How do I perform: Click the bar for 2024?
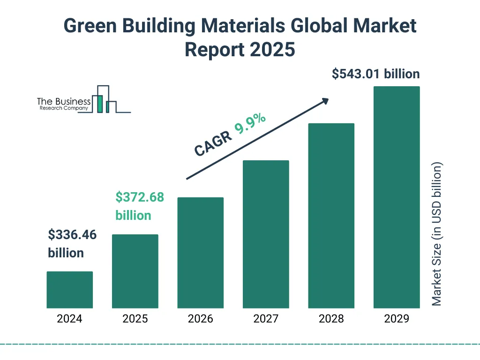(x=69, y=290)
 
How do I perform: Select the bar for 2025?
(x=135, y=271)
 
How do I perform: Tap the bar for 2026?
(x=200, y=253)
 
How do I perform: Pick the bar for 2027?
(x=266, y=234)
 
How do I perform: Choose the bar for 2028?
(x=331, y=216)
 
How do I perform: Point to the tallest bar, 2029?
(x=397, y=197)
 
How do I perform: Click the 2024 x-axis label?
(x=69, y=319)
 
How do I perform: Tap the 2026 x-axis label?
(x=200, y=319)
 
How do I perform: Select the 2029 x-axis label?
(x=397, y=319)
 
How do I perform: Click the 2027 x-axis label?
(x=266, y=319)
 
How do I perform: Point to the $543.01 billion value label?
(x=375, y=74)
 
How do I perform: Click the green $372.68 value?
(x=140, y=197)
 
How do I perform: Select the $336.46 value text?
(x=72, y=234)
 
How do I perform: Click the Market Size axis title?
(x=437, y=234)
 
